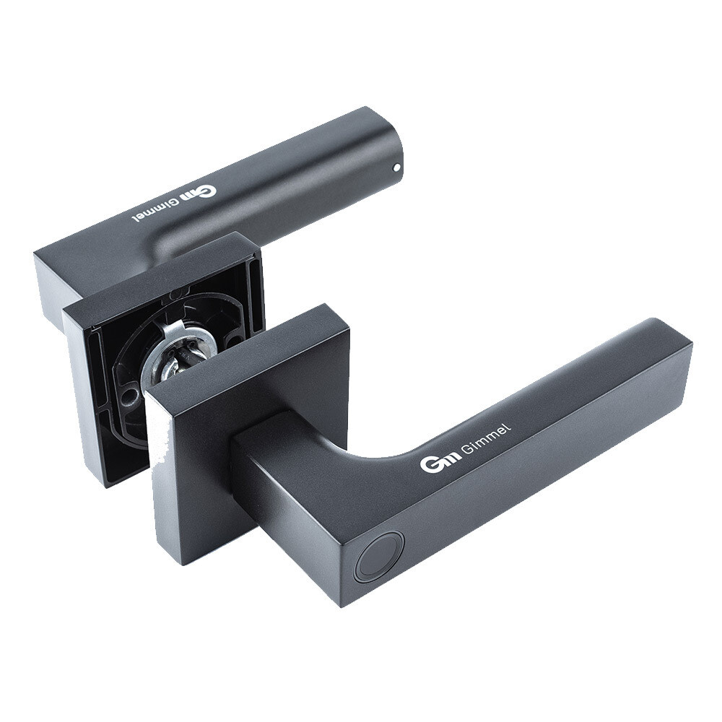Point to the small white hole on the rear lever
tap(397, 168)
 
